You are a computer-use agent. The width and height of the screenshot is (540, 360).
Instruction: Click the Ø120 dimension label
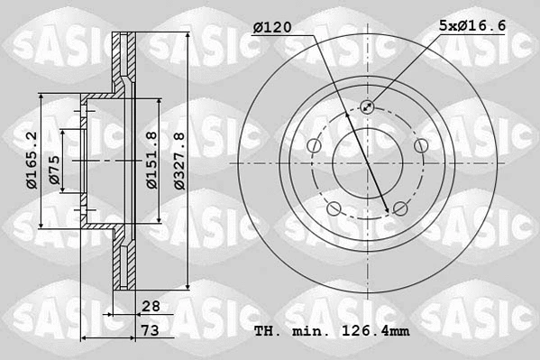click(271, 28)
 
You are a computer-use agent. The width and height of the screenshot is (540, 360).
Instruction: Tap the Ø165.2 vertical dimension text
click(30, 160)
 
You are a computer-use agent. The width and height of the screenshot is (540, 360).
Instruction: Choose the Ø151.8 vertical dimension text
click(152, 160)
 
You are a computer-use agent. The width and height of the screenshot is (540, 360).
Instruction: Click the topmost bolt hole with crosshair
click(368, 107)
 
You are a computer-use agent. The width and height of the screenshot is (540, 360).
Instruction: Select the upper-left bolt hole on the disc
click(314, 147)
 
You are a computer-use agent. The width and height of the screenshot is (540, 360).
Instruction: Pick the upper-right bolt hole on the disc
click(421, 147)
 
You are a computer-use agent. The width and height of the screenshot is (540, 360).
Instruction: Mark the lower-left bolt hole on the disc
click(334, 210)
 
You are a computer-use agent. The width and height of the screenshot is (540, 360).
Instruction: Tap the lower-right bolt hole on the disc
click(400, 210)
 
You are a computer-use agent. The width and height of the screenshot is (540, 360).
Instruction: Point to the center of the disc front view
click(368, 163)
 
